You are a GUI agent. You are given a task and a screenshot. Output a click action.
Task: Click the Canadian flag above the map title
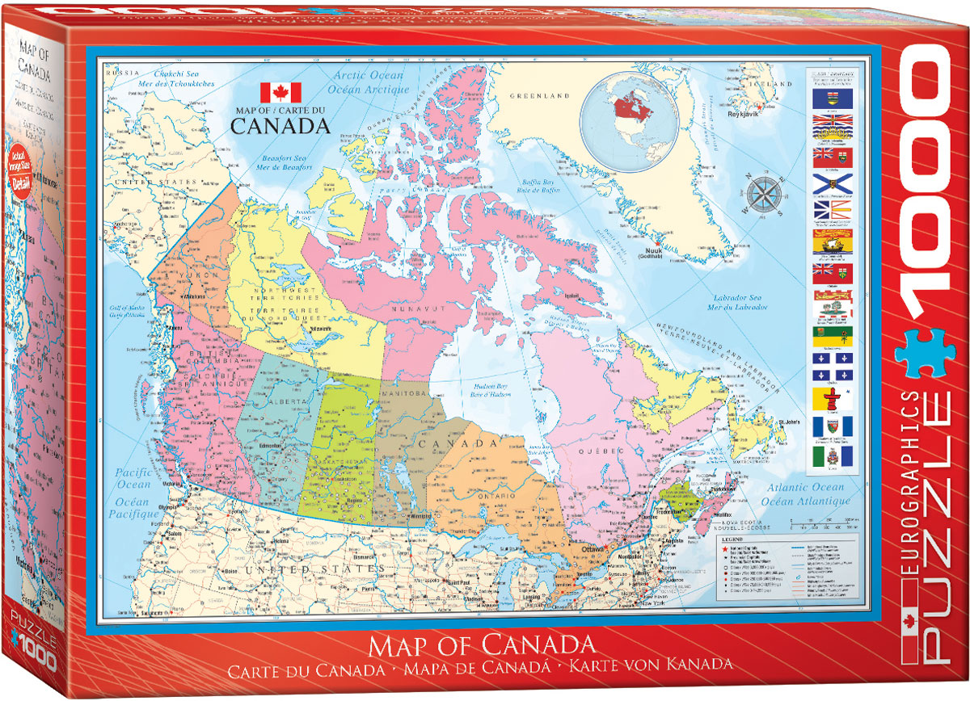tap(280, 92)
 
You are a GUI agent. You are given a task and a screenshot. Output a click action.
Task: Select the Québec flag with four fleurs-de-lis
tap(832, 367)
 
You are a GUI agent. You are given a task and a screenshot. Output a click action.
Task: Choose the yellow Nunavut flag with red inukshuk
tap(832, 398)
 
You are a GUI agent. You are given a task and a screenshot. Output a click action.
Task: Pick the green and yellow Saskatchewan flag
tap(832, 337)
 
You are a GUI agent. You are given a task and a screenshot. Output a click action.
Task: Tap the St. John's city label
tap(790, 423)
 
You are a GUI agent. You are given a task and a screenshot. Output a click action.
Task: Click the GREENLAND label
tap(535, 95)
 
